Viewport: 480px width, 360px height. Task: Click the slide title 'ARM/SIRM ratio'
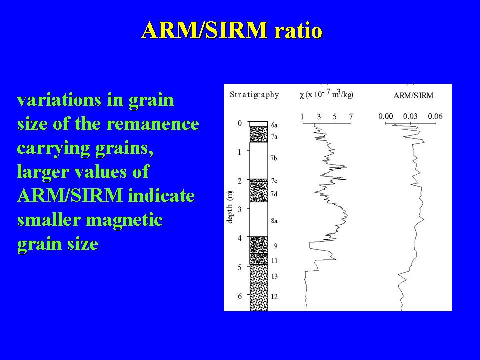(x=232, y=30)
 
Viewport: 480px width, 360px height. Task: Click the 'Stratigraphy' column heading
(x=254, y=95)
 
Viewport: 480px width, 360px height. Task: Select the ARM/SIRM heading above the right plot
(x=413, y=96)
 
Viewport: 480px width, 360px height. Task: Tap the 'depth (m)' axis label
(x=230, y=207)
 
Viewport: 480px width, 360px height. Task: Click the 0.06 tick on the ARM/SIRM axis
(x=435, y=116)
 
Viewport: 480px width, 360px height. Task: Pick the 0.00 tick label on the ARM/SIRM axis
(x=385, y=116)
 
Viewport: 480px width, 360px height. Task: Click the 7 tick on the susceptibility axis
(x=351, y=116)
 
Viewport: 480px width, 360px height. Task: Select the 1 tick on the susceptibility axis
(x=302, y=116)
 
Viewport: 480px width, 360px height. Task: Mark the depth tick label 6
(x=240, y=296)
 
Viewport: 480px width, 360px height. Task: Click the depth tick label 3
(x=240, y=209)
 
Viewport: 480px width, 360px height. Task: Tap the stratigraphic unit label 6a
(x=274, y=125)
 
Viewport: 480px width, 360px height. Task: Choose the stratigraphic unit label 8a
(x=274, y=221)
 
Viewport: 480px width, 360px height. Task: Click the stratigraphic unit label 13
(x=274, y=276)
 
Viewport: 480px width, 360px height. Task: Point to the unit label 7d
(x=274, y=194)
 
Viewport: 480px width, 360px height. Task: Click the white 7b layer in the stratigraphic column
(x=259, y=160)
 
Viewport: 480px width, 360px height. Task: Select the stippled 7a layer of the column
(x=259, y=134)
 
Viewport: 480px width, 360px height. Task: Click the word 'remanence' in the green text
(x=153, y=124)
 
